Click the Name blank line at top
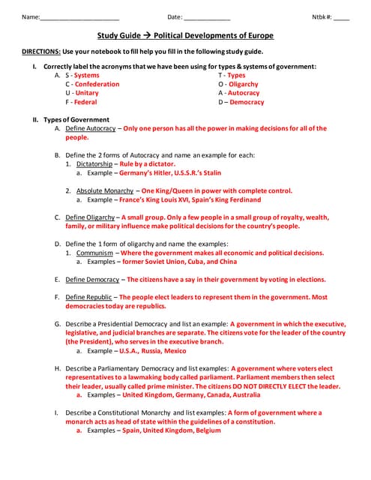pos(79,18)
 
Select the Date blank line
pos(207,18)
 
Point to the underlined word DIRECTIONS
pos(41,52)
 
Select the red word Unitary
pos(86,93)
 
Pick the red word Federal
pos(85,102)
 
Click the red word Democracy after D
pos(247,102)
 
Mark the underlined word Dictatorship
pos(97,163)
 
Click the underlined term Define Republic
pos(88,297)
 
